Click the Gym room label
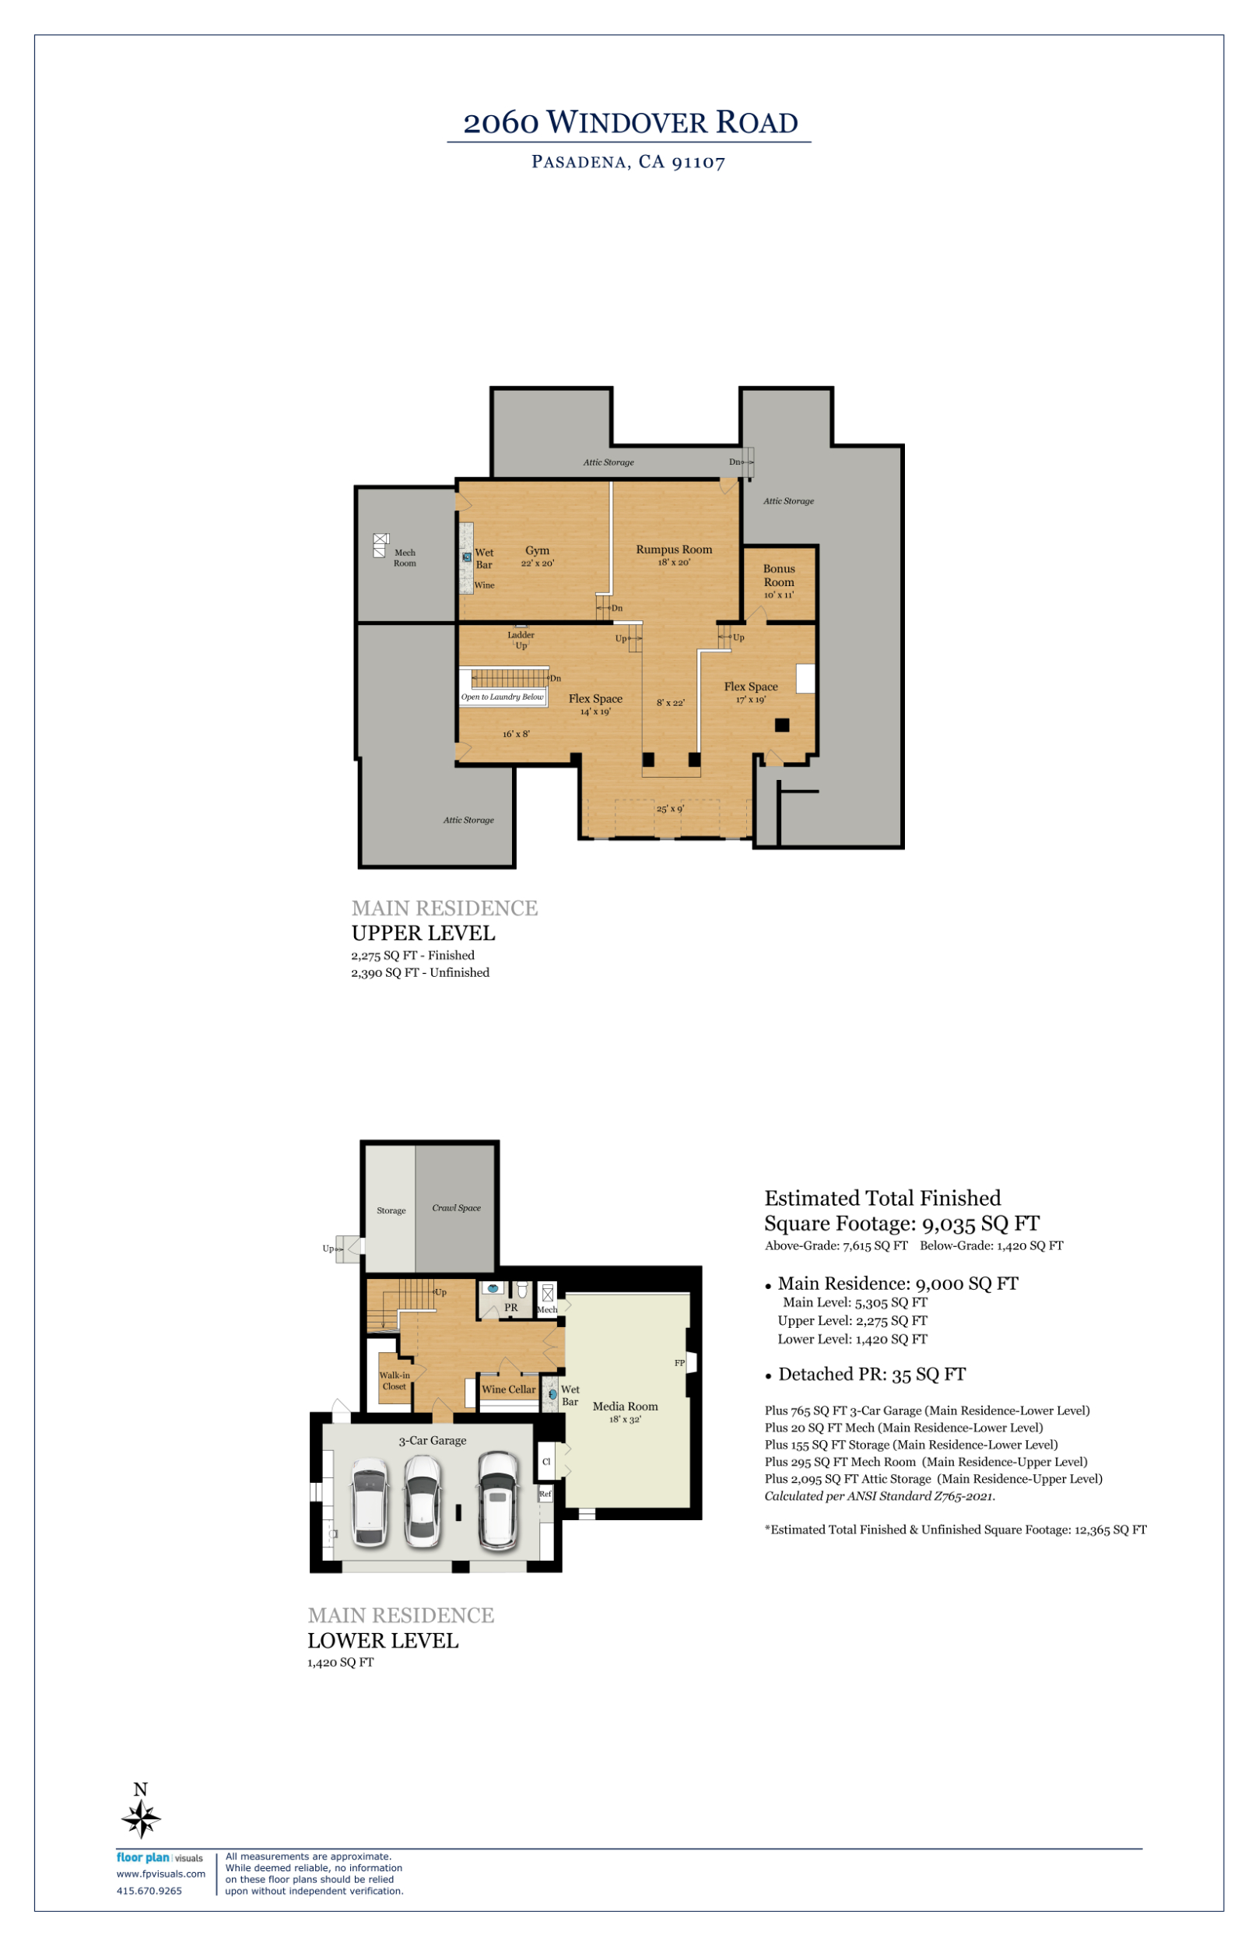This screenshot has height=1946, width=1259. coord(537,550)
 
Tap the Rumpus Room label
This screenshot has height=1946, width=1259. coord(674,550)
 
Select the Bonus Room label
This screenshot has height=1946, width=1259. coord(779,574)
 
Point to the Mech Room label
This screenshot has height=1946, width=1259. coord(405,557)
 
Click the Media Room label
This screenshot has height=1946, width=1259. coord(626,1407)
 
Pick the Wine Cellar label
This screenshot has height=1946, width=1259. coord(509,1389)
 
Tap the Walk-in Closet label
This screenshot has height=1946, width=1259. coord(394,1381)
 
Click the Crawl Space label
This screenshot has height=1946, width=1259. coord(456,1207)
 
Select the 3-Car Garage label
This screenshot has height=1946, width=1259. coord(433,1441)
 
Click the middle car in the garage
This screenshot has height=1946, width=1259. coord(423,1502)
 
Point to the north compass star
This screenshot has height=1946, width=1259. coord(141,1820)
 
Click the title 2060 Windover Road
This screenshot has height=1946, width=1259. coord(630,123)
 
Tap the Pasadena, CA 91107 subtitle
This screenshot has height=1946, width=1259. coord(628,162)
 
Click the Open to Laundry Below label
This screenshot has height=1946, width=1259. coord(502,697)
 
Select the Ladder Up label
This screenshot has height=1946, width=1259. coord(521,640)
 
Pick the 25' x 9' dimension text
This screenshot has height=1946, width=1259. coord(671,809)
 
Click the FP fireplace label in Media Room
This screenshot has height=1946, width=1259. coord(679,1363)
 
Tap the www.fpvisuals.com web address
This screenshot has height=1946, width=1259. coord(161,1874)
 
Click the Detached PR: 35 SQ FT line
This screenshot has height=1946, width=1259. coord(871,1375)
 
